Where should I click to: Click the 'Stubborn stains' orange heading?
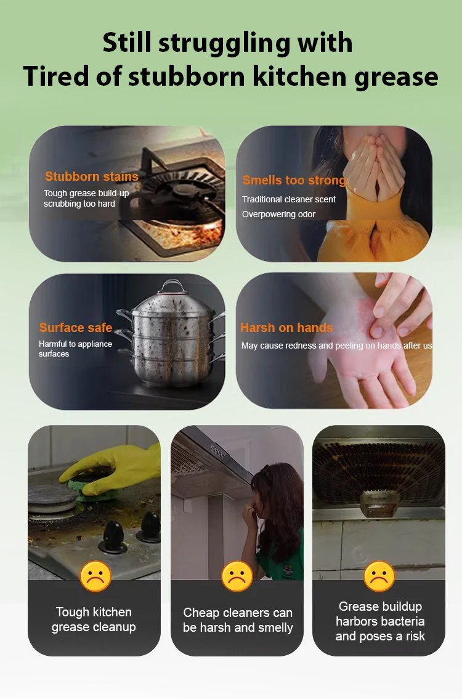pyautogui.click(x=92, y=176)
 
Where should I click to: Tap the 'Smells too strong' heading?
pyautogui.click(x=294, y=180)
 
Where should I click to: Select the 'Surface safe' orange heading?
pyautogui.click(x=76, y=328)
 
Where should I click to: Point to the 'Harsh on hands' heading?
pyautogui.click(x=286, y=328)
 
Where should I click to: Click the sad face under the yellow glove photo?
pyautogui.click(x=95, y=576)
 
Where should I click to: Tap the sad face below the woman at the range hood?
pyautogui.click(x=237, y=576)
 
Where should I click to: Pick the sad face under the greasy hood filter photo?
pyautogui.click(x=379, y=576)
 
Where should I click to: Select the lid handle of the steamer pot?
pyautogui.click(x=172, y=287)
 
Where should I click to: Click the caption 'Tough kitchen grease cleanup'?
pyautogui.click(x=94, y=619)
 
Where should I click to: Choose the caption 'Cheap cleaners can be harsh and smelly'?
pyautogui.click(x=238, y=620)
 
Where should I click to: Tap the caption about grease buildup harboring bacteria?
pyautogui.click(x=380, y=621)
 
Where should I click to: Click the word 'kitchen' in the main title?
pyautogui.click(x=299, y=77)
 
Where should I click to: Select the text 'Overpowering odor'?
pyautogui.click(x=278, y=215)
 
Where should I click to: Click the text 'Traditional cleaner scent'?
pyautogui.click(x=289, y=199)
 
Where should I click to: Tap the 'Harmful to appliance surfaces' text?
pyautogui.click(x=75, y=349)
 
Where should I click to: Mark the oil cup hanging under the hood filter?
pyautogui.click(x=379, y=504)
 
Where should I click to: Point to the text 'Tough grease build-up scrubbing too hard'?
pyautogui.click(x=86, y=199)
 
